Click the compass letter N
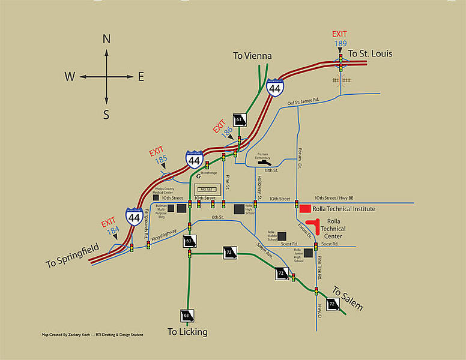pos(107,40)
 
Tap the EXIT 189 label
pos(340,38)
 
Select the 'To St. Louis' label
pos(371,54)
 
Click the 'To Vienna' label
pos(252,56)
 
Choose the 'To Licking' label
pos(187,332)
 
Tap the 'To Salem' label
pos(348,297)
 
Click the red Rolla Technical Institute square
pos(306,208)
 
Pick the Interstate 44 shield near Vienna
pos(275,88)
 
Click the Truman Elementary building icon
pos(264,162)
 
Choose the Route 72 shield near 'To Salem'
pos(332,304)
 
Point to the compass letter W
pos(70,76)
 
